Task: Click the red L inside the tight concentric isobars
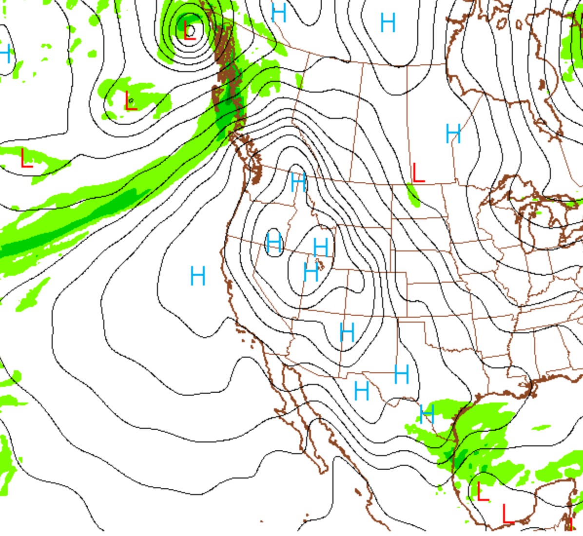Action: (190, 30)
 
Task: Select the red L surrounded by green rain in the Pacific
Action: (130, 101)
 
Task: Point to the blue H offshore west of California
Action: (197, 276)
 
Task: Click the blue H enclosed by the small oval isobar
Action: (274, 242)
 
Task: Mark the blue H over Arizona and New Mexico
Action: (347, 333)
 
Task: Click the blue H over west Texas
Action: (401, 374)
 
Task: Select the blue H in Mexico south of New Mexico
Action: (361, 391)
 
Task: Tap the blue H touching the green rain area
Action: (427, 414)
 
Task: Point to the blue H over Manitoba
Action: (453, 134)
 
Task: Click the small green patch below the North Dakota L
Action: (413, 195)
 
